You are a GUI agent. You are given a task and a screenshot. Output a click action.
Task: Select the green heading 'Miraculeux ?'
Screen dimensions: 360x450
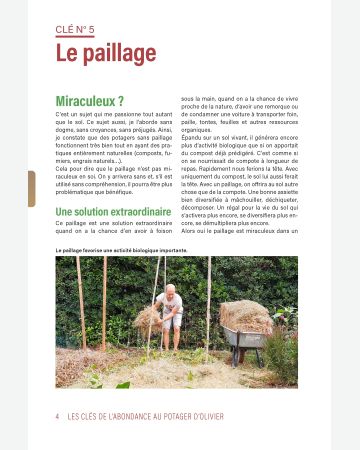pyautogui.click(x=90, y=102)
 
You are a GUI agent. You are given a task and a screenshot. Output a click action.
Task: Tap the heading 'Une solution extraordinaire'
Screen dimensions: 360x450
pyautogui.click(x=113, y=213)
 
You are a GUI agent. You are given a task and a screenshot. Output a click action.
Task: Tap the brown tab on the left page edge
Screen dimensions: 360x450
pyautogui.click(x=32, y=188)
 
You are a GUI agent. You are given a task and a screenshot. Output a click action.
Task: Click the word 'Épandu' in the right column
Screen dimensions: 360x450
pyautogui.click(x=194, y=137)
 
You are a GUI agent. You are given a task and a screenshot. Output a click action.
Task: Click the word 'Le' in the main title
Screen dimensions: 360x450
pyautogui.click(x=66, y=54)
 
